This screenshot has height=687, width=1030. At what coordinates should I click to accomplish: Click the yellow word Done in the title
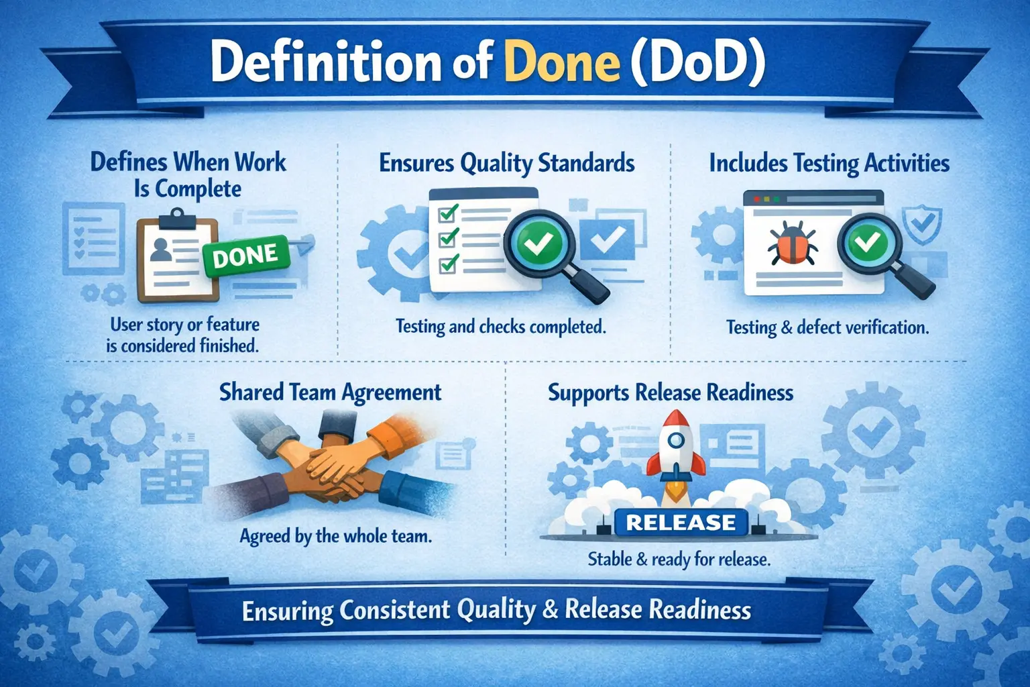tap(562, 62)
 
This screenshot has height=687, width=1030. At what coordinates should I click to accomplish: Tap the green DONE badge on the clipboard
tap(245, 256)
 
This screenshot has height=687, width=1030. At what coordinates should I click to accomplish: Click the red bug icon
tap(792, 245)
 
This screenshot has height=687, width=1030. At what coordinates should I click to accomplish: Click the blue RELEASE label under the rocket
tap(680, 523)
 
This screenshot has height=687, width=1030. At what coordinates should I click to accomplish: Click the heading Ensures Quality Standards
tap(506, 163)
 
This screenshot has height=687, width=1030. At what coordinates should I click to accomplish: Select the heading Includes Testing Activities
tap(829, 163)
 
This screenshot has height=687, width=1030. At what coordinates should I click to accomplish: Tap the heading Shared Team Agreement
tap(330, 392)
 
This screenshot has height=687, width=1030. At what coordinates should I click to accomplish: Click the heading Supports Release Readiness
tap(670, 392)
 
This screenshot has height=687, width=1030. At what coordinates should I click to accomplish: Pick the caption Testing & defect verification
tap(827, 327)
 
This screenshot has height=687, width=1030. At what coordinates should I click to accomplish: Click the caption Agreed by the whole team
tap(335, 536)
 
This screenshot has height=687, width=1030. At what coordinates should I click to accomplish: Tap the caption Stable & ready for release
tap(679, 559)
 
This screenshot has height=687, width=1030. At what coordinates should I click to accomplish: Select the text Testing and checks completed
tap(500, 327)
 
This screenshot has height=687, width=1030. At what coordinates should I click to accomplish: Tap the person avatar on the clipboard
tap(162, 249)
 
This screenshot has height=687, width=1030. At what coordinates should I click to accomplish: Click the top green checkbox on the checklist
tap(447, 213)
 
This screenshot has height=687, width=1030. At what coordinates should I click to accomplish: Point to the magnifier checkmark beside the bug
tap(868, 242)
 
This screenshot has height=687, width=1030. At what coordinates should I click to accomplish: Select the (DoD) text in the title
tap(697, 62)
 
